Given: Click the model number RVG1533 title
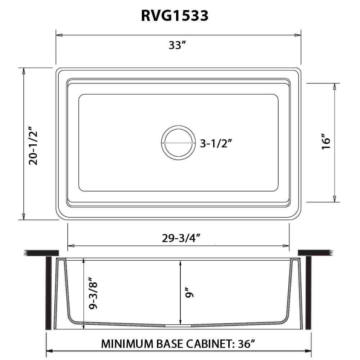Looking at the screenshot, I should (174, 16).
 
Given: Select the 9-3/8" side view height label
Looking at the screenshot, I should (93, 293).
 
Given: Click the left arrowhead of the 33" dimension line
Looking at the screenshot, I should (59, 35).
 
